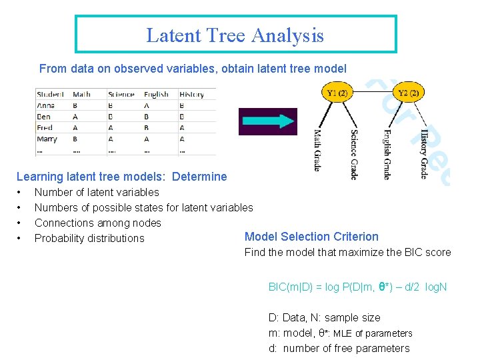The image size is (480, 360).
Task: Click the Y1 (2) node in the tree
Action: pyautogui.click(x=337, y=93)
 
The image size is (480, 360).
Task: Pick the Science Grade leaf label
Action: pyautogui.click(x=354, y=154)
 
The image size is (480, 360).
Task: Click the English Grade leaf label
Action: pyautogui.click(x=387, y=153)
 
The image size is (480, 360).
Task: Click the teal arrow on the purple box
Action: pyautogui.click(x=267, y=121)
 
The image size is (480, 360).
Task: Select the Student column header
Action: pyautogui.click(x=51, y=94)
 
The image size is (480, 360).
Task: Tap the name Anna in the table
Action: pyautogui.click(x=47, y=105)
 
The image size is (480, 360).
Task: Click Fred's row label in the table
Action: pyautogui.click(x=45, y=128)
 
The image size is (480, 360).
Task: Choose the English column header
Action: pyautogui.click(x=156, y=94)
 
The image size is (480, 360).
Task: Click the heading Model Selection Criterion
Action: pyautogui.click(x=311, y=237)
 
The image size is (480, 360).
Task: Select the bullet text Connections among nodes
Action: pyautogui.click(x=98, y=223)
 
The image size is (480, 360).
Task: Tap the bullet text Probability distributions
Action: pyautogui.click(x=89, y=238)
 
